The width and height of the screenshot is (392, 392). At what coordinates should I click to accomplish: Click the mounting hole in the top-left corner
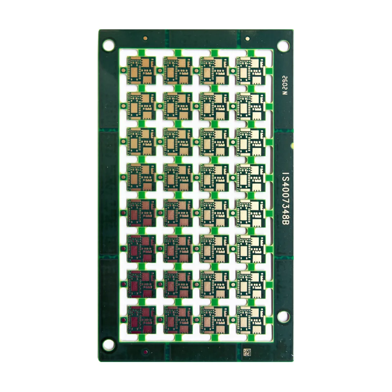[x=109, y=45]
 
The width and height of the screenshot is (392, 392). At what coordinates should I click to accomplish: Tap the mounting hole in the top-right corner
[x=283, y=46]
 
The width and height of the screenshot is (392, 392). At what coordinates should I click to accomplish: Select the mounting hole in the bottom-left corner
[x=108, y=345]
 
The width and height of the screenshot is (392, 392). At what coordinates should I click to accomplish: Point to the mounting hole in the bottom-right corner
[x=283, y=316]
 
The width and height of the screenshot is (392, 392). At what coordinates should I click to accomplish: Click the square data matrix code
[x=248, y=351]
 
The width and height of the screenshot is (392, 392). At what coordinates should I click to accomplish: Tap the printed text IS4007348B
[x=285, y=199]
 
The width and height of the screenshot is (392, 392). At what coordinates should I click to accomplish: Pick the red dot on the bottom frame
[x=145, y=351]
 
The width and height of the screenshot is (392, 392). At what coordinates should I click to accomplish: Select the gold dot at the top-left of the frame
[x=145, y=39]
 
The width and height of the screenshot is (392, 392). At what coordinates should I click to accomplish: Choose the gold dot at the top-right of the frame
[x=248, y=39]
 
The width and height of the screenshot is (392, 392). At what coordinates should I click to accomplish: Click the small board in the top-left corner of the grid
[x=141, y=70]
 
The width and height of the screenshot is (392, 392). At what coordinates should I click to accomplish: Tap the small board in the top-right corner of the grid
[x=251, y=70]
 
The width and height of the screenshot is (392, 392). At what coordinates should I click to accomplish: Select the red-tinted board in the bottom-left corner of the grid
[x=141, y=320]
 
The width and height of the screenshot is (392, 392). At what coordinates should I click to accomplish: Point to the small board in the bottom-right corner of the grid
[x=251, y=320]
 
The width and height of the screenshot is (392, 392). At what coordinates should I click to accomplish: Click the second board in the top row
[x=178, y=70]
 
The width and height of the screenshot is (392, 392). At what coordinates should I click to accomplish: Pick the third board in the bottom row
[x=214, y=320]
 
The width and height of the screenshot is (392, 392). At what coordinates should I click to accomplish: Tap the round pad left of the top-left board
[x=124, y=70]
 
